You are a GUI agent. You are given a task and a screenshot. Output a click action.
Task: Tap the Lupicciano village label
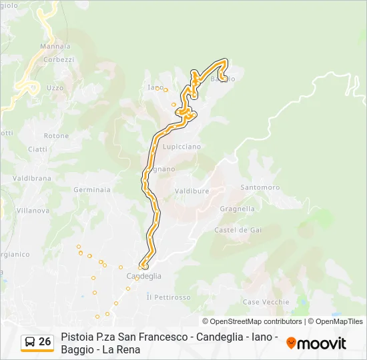tap(181, 146)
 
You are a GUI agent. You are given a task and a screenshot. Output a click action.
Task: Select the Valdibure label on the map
tap(192, 191)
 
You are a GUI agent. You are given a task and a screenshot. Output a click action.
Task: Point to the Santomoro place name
tap(260, 187)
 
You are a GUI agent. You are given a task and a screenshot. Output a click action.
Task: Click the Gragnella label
tap(237, 209)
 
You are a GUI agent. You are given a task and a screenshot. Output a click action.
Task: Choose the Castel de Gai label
tap(238, 230)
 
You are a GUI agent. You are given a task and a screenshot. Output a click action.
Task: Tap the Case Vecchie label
tap(266, 302)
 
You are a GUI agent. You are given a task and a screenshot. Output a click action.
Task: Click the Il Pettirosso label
tap(168, 297)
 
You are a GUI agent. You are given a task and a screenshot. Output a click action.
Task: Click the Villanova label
tap(33, 210)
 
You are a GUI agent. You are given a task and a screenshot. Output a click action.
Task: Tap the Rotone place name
tap(57, 136)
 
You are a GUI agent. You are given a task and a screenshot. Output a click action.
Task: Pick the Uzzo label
tap(55, 88)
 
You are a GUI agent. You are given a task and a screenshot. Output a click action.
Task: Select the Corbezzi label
tap(58, 59)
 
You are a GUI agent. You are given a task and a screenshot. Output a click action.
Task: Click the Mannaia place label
tap(55, 47)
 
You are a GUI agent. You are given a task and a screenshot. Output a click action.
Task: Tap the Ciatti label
tap(38, 149)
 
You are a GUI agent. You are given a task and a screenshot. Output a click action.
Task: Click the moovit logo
tap(316, 343)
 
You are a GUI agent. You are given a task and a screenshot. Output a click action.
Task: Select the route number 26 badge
tap(37, 342)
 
